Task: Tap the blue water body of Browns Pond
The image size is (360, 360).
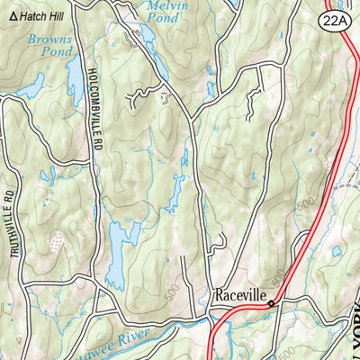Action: (32, 86)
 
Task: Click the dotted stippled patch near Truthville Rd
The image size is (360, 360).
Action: (56, 240)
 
